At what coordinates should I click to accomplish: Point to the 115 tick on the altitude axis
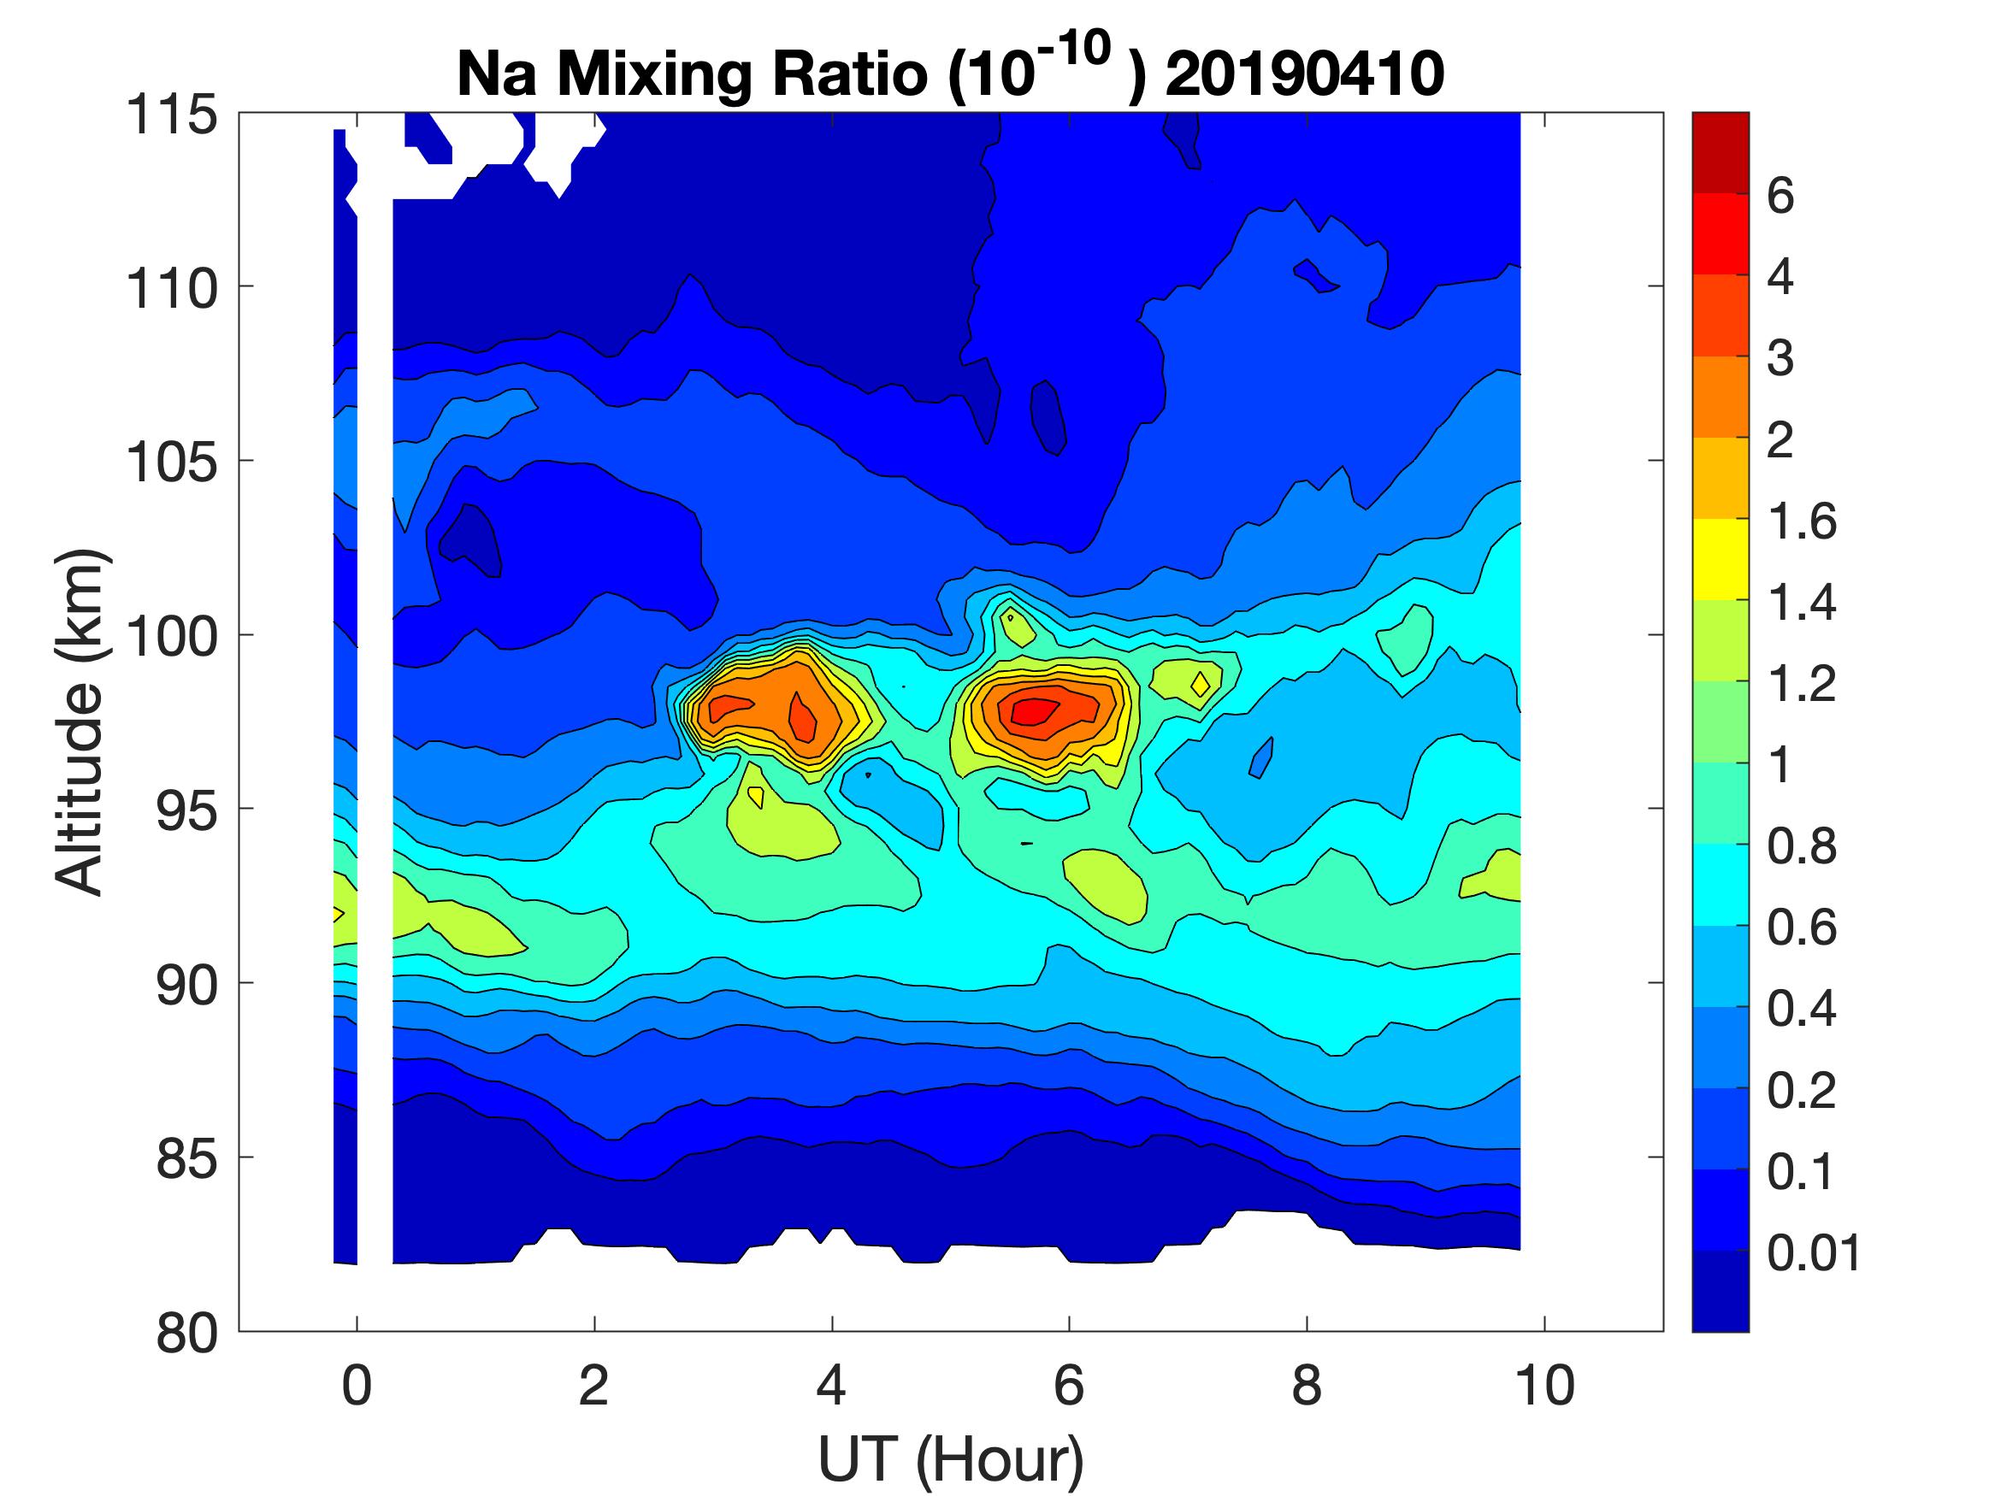171,115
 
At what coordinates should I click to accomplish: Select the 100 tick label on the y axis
171,637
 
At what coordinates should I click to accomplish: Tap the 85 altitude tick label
186,1158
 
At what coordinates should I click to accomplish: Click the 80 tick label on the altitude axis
186,1333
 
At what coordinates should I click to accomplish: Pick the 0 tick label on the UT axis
357,1386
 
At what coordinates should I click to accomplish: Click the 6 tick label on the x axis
1069,1386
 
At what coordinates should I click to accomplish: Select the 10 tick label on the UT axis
1545,1386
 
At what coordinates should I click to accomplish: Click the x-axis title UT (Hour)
951,1459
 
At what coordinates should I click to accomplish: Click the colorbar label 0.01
1814,1252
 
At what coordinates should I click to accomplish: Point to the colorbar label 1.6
1801,521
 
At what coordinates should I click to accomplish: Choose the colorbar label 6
1780,196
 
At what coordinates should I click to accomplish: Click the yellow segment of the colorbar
1720,559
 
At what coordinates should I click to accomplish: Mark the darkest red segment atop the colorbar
1720,152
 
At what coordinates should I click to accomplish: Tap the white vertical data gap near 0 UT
375,721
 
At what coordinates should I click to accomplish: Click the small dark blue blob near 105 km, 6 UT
1048,415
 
